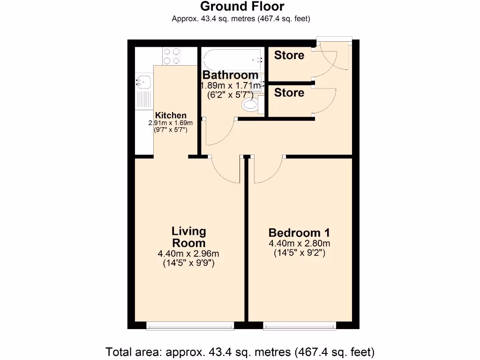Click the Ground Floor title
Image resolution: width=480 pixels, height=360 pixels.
tap(241, 7)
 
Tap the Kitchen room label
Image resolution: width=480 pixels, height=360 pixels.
tap(171, 115)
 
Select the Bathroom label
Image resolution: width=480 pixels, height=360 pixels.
tap(230, 75)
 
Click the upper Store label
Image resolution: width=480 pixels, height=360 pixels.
tap(289, 55)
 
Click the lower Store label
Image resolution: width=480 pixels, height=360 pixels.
tap(289, 93)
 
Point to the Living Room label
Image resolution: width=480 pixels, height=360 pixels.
tap(189, 237)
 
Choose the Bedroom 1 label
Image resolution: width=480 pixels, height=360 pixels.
tap(299, 232)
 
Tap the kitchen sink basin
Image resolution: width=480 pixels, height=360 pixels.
tap(143, 82)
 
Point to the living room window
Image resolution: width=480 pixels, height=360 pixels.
tap(190, 325)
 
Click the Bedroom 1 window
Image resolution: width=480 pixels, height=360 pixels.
tap(300, 325)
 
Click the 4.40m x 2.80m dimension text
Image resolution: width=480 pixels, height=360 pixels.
tap(299, 243)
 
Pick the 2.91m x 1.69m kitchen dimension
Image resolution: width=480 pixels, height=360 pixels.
tap(171, 123)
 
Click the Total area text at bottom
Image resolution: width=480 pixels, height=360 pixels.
tap(240, 351)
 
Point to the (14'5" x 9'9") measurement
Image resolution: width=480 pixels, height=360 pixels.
tap(188, 263)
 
